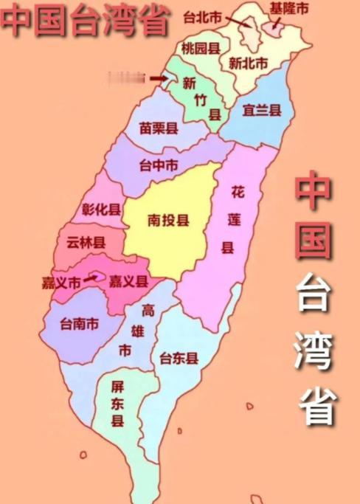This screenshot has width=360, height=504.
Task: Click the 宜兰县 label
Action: coord(262,111)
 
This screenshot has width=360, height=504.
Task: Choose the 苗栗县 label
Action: coord(159,128)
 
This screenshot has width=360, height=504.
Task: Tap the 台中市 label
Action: coord(159,166)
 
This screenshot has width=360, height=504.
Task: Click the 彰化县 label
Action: coord(102,209)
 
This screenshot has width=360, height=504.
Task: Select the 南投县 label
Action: coord(168,221)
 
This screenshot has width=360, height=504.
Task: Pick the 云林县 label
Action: coord(86,241)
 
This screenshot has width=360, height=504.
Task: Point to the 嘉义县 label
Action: coord(128,281)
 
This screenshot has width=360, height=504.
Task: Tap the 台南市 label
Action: coord(80,322)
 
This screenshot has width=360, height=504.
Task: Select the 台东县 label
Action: coord(179,359)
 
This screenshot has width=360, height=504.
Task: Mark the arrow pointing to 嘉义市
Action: coord(90,279)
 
